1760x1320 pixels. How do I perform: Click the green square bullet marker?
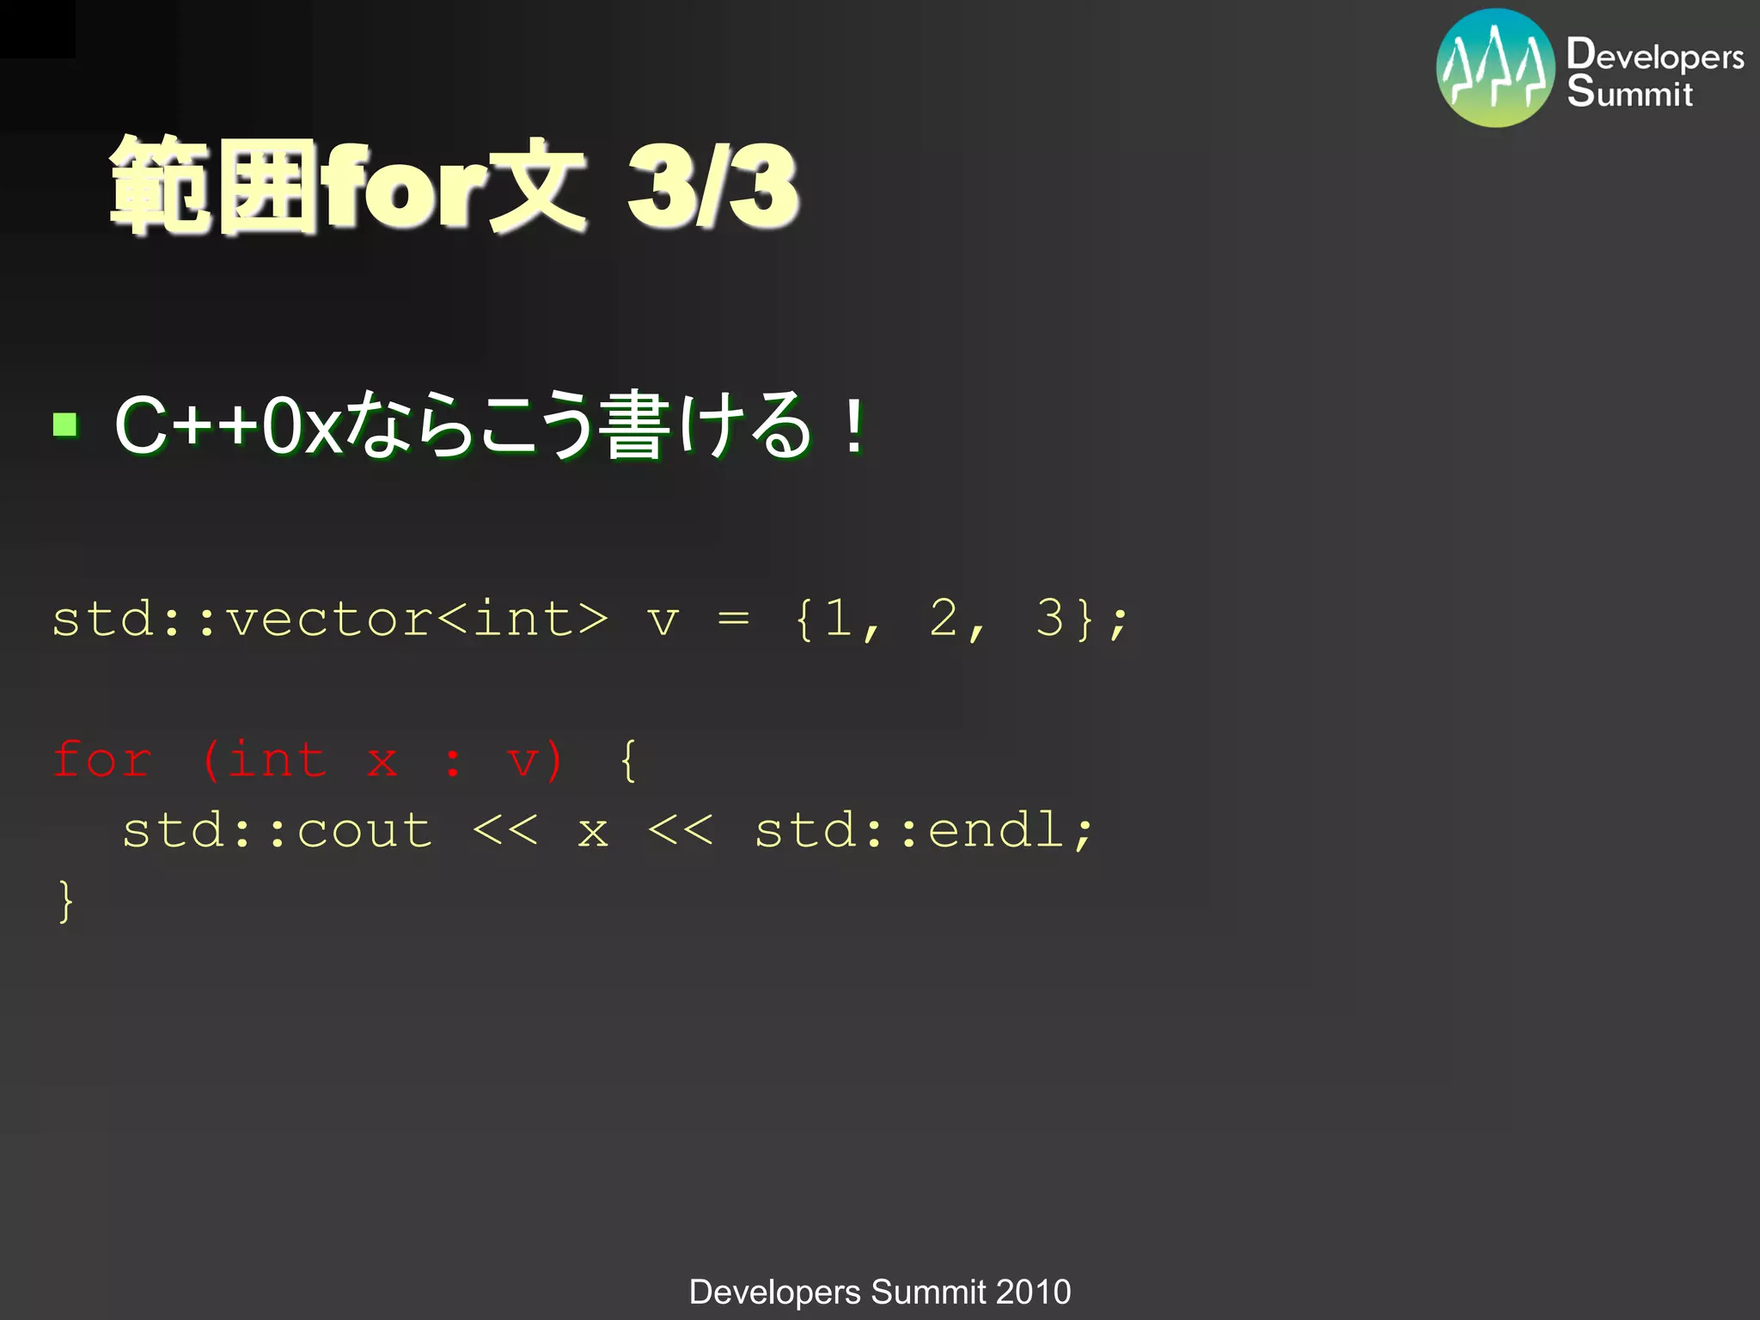pyautogui.click(x=65, y=425)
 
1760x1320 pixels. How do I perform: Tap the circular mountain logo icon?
pyautogui.click(x=1495, y=68)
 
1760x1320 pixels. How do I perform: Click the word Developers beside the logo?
pyautogui.click(x=1655, y=55)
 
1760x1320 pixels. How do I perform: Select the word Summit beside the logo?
pyautogui.click(x=1629, y=91)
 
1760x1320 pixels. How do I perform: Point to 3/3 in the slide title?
pyautogui.click(x=712, y=186)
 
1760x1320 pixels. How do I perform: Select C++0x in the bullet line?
pyautogui.click(x=229, y=425)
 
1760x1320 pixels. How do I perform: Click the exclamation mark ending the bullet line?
pyautogui.click(x=853, y=425)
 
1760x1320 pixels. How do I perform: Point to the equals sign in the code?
pyautogui.click(x=733, y=618)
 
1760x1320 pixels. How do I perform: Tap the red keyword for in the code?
pyautogui.click(x=102, y=761)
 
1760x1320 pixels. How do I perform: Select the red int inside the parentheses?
pyautogui.click(x=277, y=761)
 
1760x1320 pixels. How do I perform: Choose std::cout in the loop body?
pyautogui.click(x=277, y=831)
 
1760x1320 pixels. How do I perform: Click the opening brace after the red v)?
pyautogui.click(x=628, y=761)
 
